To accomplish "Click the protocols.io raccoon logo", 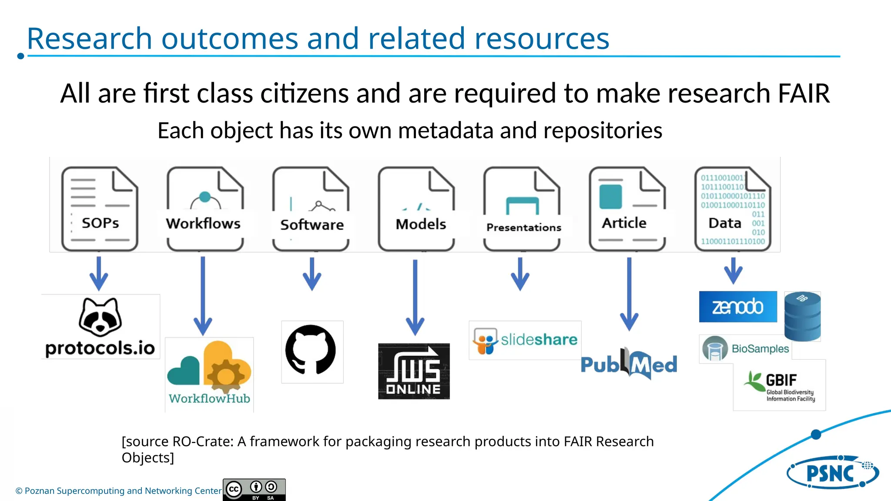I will (x=100, y=326).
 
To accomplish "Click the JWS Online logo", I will (x=414, y=371).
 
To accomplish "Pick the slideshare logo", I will (x=525, y=340).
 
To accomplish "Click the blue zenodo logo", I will (x=738, y=307).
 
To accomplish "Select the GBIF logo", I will (x=780, y=386).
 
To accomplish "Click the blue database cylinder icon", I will (x=802, y=316).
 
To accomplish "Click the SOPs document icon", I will (x=100, y=209).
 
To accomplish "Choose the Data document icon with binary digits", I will (x=733, y=209).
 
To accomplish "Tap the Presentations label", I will (x=524, y=227).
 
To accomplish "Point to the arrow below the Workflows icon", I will (x=203, y=296).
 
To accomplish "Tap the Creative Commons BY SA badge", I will (x=254, y=490).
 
